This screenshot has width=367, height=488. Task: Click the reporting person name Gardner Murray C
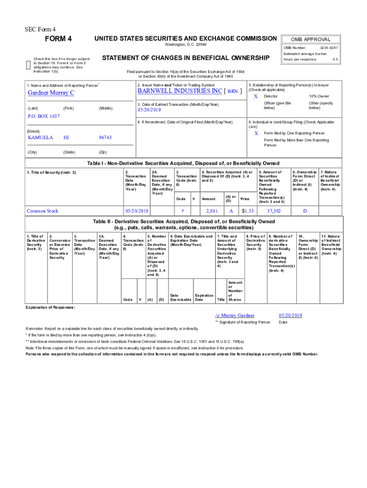pos(51,92)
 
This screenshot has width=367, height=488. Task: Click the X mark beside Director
pos(255,96)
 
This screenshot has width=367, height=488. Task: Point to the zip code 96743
pos(105,137)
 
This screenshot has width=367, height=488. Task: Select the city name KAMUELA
pos(40,137)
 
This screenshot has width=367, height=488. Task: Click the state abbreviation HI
pos(66,137)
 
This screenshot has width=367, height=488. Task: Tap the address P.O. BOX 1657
pos(43,116)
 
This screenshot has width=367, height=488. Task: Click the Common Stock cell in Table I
pos(42,210)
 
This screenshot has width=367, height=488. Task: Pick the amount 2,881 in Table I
pos(212,210)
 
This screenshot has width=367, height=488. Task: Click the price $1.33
pos(247,210)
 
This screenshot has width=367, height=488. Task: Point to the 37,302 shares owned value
pos(274,210)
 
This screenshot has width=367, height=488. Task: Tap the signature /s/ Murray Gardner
pos(234,315)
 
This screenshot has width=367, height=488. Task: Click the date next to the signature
pos(290,315)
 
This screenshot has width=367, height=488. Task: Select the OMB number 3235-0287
pos(329,48)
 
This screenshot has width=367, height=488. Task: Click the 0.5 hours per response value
pos(335,60)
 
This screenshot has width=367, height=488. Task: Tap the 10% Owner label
pos(319,96)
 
